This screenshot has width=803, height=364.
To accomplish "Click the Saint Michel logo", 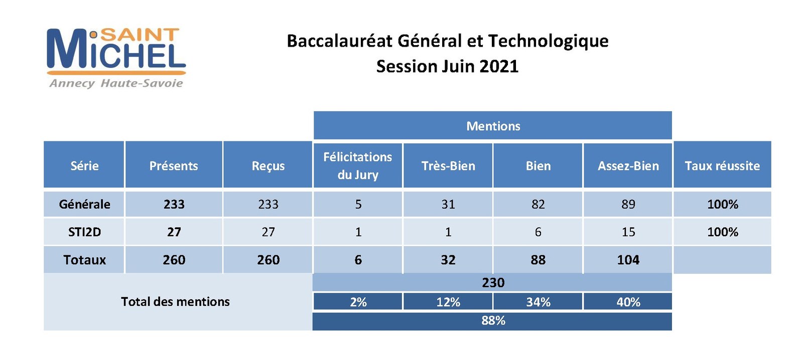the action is point(116,57).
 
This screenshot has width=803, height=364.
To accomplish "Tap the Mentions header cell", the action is point(492,125).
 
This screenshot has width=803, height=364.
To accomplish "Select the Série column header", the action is point(84,165).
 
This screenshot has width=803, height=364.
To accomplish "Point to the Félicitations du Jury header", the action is point(358,165).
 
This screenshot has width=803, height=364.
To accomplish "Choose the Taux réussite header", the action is point(722,165).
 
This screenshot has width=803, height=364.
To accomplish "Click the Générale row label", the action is point(84,204).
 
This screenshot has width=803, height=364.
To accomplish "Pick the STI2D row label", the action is point(85,232).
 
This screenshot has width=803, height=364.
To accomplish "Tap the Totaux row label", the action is point(85,260).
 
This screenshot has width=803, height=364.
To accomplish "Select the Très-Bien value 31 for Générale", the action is point(448,204).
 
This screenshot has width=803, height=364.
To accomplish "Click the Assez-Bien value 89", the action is point(628,204).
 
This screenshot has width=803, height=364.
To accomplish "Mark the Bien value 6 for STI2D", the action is point(538,232).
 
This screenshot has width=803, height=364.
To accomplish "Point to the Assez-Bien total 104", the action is point(628,260).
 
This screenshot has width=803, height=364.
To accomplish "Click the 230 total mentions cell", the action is point(492,283).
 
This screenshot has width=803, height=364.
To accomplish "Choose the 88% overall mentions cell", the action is point(492,321).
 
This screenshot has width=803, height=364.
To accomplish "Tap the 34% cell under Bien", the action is point(538,302).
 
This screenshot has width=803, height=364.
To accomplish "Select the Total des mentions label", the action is point(175,302).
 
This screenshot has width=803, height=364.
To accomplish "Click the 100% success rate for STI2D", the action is point(722,232).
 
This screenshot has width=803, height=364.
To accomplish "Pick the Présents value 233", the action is point(174,204).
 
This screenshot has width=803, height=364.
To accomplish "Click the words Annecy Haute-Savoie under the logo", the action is point(116,83).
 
